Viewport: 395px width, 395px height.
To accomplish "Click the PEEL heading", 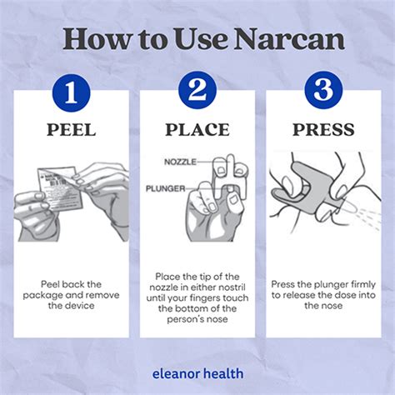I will (x=71, y=129).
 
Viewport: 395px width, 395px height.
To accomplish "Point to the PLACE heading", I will (x=197, y=129).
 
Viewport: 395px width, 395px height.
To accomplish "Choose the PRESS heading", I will (x=323, y=129).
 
